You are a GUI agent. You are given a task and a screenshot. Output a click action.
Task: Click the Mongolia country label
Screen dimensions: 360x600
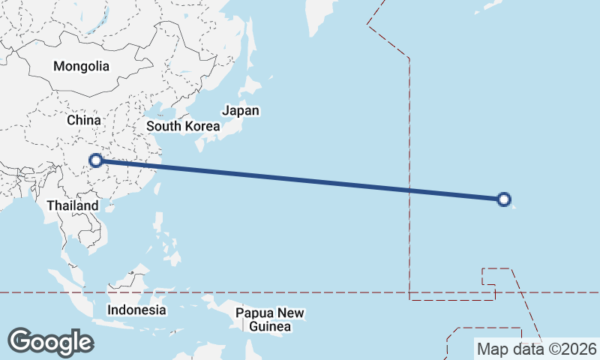point(81,66)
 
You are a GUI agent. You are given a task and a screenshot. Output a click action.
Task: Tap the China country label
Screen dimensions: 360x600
point(83,120)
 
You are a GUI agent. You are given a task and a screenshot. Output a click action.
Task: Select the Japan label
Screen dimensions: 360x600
point(241,111)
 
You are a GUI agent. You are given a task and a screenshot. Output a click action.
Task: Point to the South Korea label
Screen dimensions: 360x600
point(183,126)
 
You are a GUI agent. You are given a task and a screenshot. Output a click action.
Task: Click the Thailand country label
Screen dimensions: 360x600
point(72,205)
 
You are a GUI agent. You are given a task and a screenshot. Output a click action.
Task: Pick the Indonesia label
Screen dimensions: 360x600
point(136,309)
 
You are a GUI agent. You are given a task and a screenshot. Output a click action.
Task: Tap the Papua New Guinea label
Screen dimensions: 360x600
point(271,319)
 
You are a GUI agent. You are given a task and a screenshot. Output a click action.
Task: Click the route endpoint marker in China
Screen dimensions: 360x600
point(96,160)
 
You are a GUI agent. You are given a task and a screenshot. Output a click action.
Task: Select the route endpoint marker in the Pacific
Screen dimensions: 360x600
point(504,199)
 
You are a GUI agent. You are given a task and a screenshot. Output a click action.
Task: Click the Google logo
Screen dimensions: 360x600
point(50,342)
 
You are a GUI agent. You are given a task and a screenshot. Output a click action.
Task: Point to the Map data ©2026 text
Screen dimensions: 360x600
point(537,349)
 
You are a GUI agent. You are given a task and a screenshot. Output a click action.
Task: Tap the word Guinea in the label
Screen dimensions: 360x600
point(271,327)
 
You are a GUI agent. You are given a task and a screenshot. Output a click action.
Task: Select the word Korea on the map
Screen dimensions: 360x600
point(202,126)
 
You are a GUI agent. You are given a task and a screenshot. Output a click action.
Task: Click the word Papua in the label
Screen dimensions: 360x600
point(253,313)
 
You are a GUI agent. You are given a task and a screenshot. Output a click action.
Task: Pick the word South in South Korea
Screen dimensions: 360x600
point(163,126)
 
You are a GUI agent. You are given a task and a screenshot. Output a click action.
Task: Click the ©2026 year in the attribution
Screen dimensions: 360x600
point(574,349)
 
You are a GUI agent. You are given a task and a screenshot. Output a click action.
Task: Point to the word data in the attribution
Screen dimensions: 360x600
point(524,349)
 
